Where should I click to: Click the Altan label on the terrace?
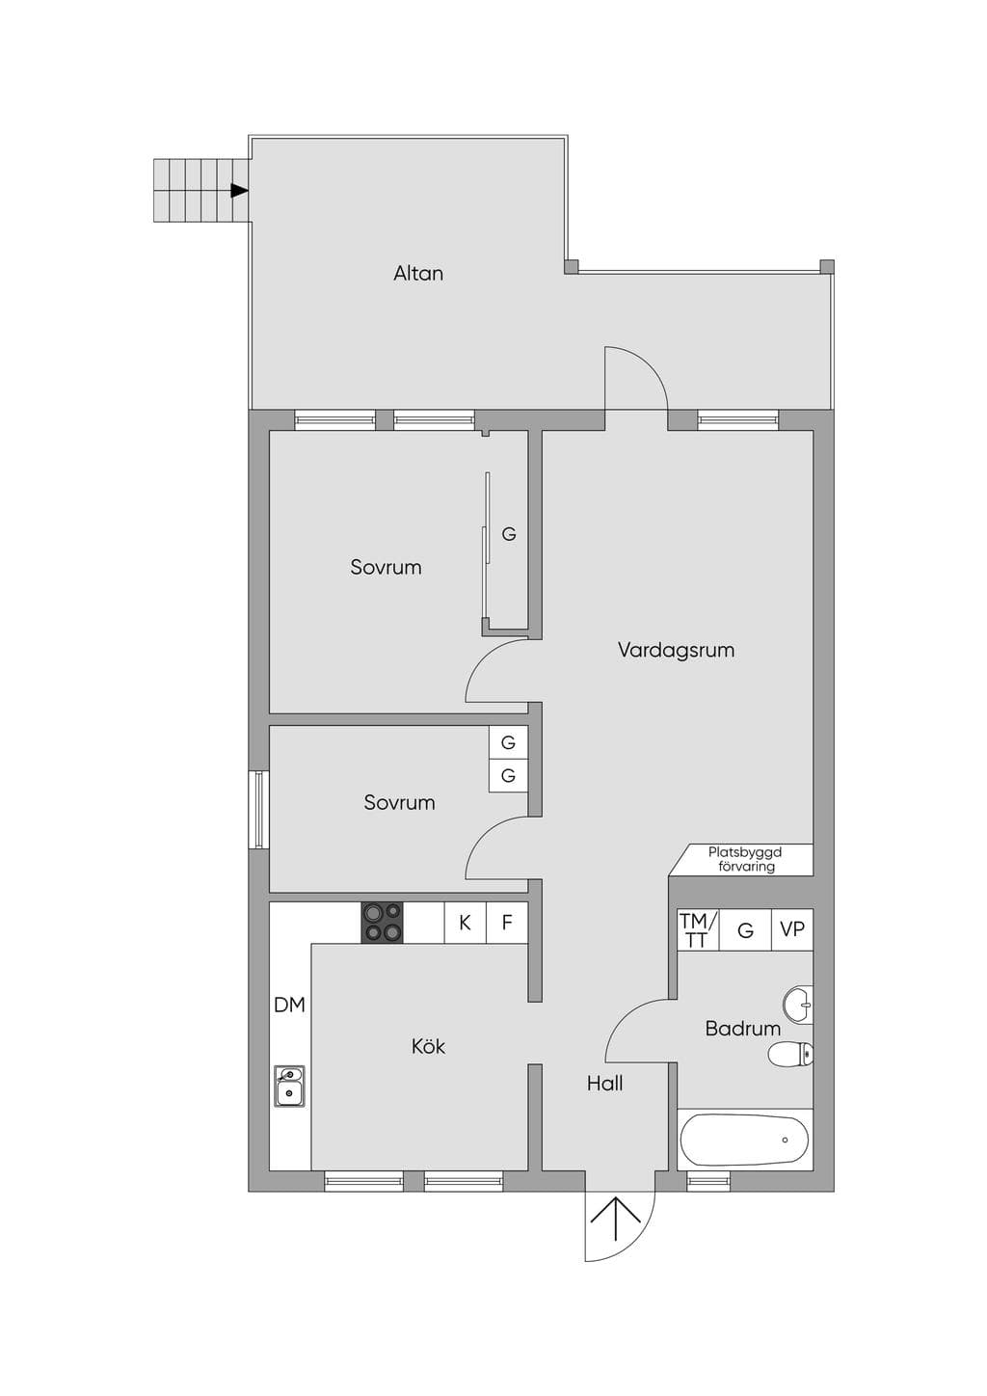pos(418,274)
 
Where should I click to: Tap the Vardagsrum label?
pos(676,650)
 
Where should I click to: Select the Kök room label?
pos(428,1046)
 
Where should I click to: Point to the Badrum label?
pos(743,1029)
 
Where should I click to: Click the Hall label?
pos(604,1084)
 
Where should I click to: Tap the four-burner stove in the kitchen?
pos(382,923)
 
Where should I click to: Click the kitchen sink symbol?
pos(289,1086)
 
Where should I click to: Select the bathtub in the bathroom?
pos(745,1140)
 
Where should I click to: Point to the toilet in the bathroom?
pos(790,1055)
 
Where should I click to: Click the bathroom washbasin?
pos(798,1005)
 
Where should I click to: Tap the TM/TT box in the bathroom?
pos(698,929)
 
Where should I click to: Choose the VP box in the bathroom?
pos(792,929)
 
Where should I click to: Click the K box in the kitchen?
pos(465,923)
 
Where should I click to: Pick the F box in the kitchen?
pos(507,923)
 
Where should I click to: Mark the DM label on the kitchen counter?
pos(290,1005)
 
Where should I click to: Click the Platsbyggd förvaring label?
pos(745,859)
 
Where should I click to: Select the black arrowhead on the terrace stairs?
pos(239,191)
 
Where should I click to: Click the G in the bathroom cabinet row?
pos(745,930)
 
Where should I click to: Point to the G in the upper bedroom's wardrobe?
pos(509,534)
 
